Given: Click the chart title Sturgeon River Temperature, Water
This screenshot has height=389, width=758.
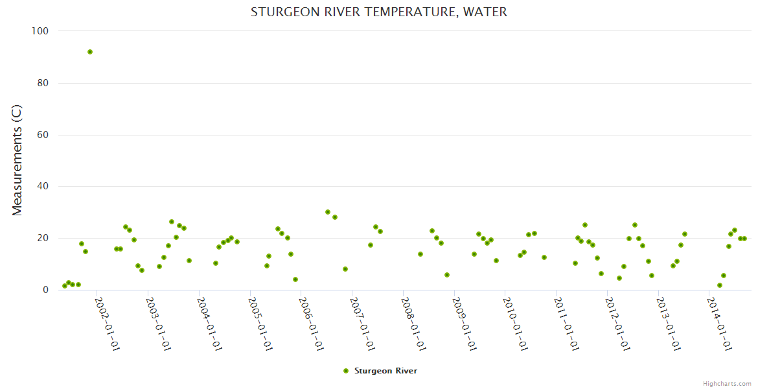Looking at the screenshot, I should coord(379,12).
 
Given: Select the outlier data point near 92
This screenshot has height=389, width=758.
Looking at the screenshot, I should coord(90,52).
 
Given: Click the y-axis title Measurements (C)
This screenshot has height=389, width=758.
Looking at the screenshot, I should coord(17,160).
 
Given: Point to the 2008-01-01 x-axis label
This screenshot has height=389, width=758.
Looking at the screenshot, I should coord(414,324).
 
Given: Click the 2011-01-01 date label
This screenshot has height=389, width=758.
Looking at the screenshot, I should coord(567,324).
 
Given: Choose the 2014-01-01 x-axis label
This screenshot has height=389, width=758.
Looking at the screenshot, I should coord(720,324).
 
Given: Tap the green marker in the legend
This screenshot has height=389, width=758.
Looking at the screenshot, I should coord(345,371).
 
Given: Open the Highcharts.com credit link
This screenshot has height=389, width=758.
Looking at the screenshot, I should coord(727,383).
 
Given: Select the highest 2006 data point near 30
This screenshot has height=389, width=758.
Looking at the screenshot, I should coord(328,212).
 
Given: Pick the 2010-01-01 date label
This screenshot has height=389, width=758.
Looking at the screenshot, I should coord(516,324).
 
